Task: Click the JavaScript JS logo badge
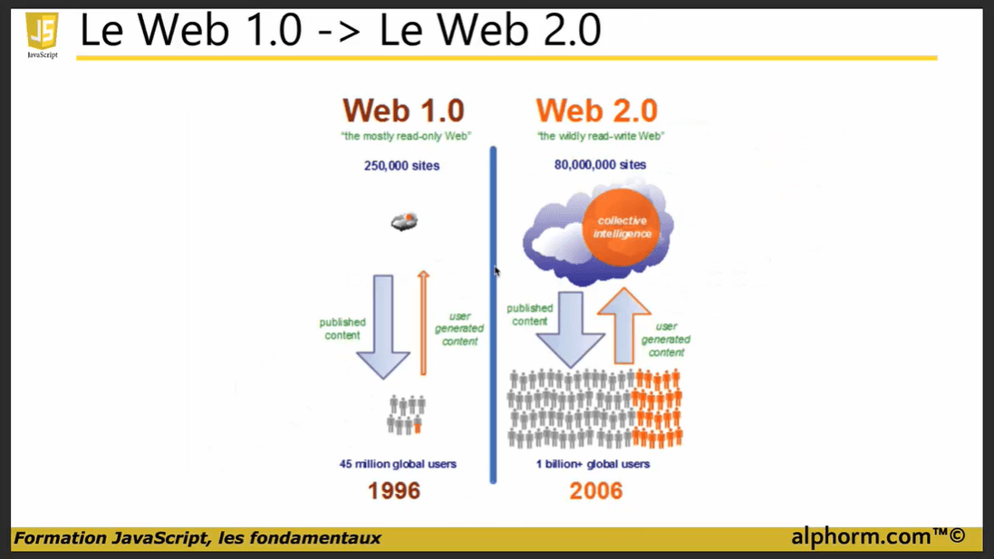pos(42,34)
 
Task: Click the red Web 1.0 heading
pos(403,111)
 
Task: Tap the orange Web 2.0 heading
pos(596,111)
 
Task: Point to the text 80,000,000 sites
pos(600,165)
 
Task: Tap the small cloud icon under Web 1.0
pos(404,220)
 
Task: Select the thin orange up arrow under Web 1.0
pos(423,322)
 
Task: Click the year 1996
pos(394,491)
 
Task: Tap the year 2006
pos(596,491)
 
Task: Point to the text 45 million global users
pos(398,464)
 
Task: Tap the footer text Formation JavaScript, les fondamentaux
pos(198,538)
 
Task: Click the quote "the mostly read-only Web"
pos(402,137)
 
